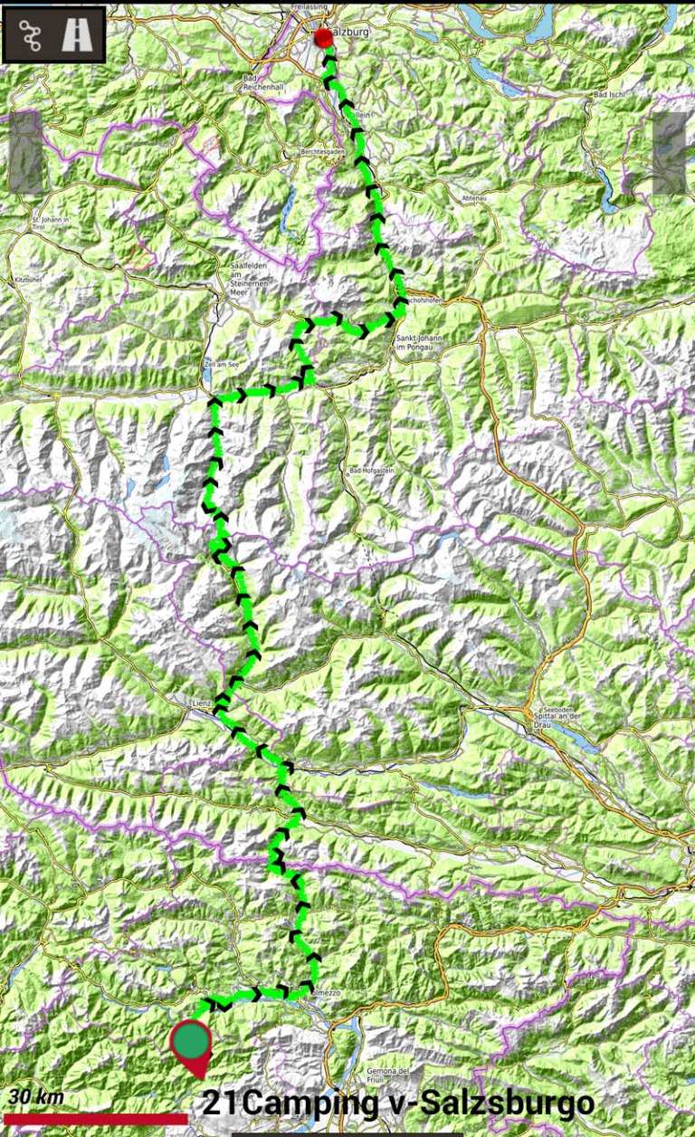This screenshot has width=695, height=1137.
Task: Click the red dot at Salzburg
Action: tap(323, 37)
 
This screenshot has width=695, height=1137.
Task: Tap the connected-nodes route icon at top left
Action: tap(31, 35)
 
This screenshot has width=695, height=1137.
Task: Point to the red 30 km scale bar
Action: tap(95, 1119)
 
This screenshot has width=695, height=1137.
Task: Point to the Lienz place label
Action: tap(201, 702)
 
